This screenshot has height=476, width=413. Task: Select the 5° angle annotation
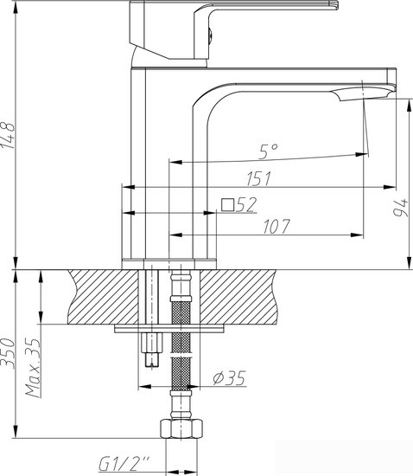268,151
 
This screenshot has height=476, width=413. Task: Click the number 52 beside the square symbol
247,204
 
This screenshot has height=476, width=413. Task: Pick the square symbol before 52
228,205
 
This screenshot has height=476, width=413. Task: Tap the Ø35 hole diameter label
228,377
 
